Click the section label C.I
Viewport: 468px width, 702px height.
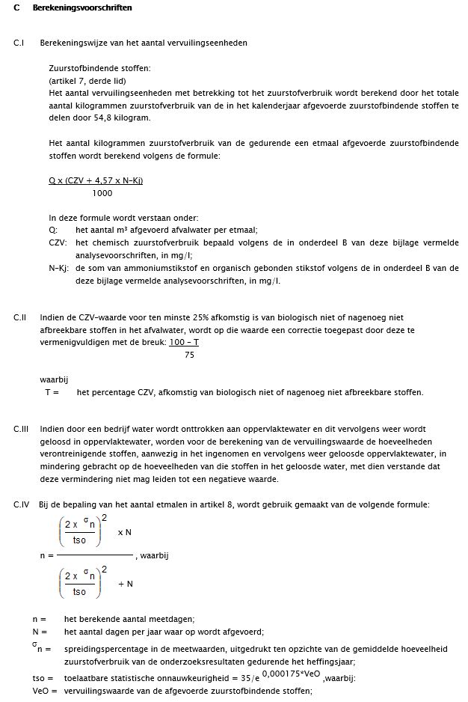pos(19,43)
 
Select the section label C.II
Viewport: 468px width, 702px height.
pos(20,317)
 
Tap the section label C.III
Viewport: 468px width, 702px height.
pos(21,429)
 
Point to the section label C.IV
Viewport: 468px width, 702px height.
pos(21,504)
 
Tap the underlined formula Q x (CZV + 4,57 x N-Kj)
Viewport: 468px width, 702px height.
pos(96,180)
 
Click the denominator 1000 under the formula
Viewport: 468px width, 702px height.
pos(102,193)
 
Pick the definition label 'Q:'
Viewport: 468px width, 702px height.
pos(53,230)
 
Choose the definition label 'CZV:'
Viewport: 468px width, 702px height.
pos(58,243)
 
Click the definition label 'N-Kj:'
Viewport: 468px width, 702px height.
pos(60,267)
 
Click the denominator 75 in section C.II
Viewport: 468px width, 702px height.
pos(189,355)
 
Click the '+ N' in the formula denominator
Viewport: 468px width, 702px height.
pos(126,584)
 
